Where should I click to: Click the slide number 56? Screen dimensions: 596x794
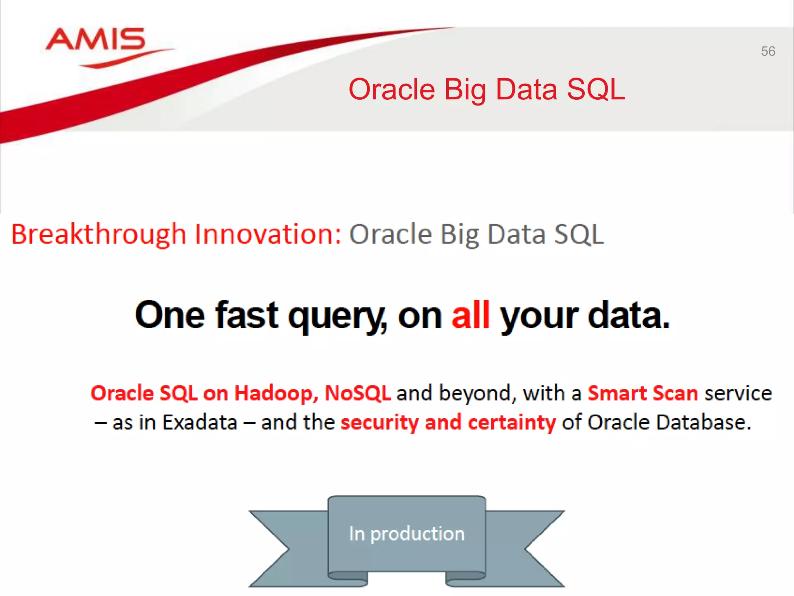pos(768,51)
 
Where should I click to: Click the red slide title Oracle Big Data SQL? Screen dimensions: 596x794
pos(487,89)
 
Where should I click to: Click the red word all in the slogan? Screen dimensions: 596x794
pos(470,315)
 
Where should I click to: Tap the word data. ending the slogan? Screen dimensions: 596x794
pos(628,315)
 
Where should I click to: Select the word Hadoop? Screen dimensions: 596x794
pos(276,393)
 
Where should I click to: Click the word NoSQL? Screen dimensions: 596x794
pos(357,393)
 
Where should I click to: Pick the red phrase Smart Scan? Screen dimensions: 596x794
pos(642,393)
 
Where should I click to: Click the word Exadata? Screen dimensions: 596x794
pos(200,422)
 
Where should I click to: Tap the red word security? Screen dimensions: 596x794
pos(379,422)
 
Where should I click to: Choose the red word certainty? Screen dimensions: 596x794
pos(511,422)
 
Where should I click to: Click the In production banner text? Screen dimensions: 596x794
pos(407,534)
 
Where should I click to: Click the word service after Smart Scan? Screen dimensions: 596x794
pos(738,393)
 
